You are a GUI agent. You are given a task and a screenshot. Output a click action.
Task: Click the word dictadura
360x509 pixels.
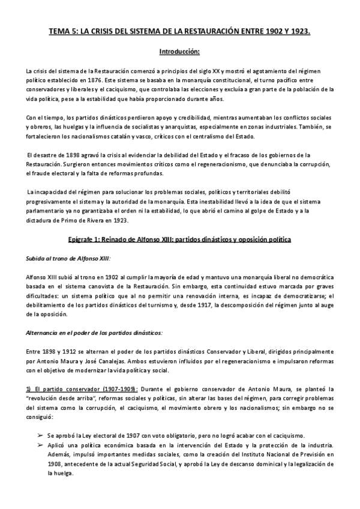(x=40, y=220)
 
